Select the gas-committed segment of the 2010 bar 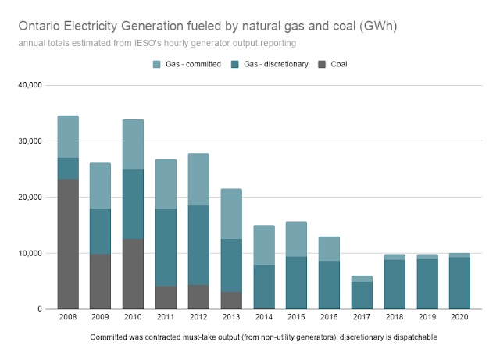coord(133,144)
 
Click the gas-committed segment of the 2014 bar coord(263,245)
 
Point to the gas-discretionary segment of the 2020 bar coord(459,283)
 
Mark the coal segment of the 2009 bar coord(101,281)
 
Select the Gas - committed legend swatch coord(155,63)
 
